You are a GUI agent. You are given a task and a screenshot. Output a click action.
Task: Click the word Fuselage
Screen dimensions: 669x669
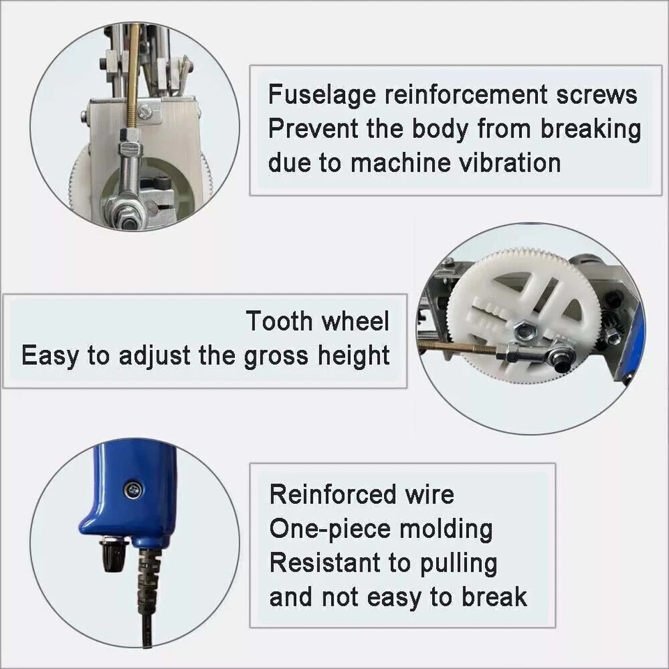click(321, 95)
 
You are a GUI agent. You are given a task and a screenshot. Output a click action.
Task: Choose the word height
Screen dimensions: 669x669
click(354, 355)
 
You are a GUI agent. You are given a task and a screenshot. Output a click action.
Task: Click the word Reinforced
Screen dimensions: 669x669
click(322, 495)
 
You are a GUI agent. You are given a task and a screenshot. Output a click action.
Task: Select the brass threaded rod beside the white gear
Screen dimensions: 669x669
click(456, 346)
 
